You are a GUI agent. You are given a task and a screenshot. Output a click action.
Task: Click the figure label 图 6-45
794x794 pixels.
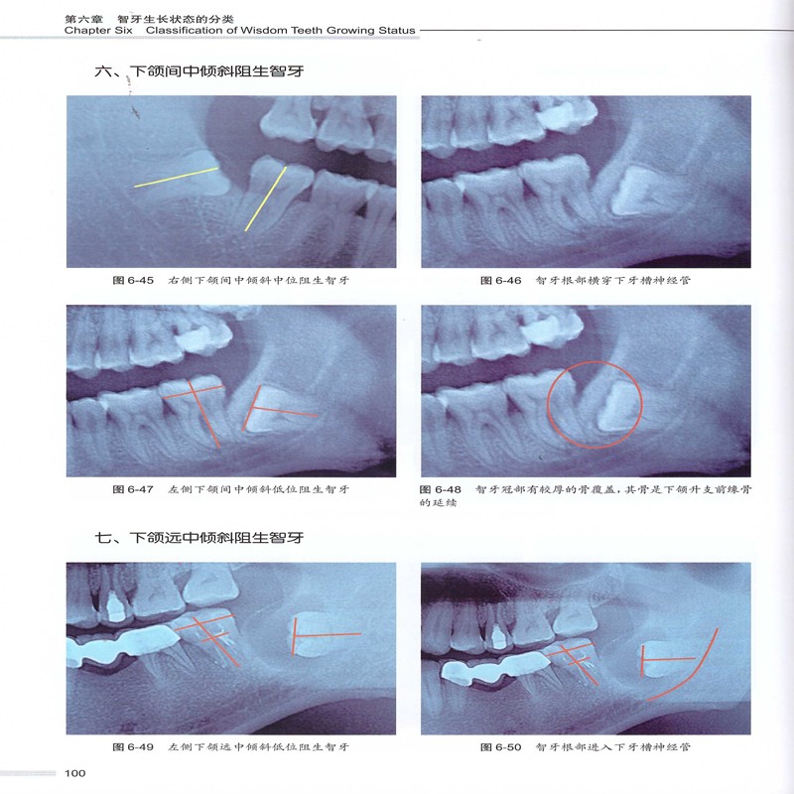[x=133, y=281]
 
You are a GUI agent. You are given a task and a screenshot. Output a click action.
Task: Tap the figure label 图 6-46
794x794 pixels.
[x=501, y=281]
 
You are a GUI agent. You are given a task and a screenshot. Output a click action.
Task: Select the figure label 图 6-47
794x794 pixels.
[x=133, y=489]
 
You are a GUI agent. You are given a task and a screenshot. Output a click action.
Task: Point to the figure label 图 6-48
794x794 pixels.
[x=441, y=489]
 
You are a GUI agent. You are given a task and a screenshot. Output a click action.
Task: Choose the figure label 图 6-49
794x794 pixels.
[x=133, y=747]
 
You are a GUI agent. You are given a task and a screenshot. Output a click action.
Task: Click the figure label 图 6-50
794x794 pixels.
[x=501, y=747]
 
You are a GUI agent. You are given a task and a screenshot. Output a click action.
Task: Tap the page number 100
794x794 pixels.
[x=75, y=773]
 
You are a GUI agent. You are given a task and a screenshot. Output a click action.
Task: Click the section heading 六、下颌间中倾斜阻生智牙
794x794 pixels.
[x=199, y=70]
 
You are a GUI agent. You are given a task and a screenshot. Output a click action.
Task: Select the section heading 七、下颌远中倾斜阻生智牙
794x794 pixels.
[x=199, y=537]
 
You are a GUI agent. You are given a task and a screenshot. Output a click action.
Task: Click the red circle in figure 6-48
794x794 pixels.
[x=595, y=361]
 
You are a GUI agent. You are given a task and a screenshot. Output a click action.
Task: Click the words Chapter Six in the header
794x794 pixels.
[x=98, y=31]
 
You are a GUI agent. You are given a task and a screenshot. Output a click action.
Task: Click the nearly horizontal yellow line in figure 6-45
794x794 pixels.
[x=177, y=178]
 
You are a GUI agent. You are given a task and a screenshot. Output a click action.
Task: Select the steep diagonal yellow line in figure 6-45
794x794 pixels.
[x=266, y=199]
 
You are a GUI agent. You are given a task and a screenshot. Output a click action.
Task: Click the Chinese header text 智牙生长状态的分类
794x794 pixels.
[x=176, y=19]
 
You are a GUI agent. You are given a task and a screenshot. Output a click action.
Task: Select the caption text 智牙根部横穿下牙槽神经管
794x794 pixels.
[x=612, y=281]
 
